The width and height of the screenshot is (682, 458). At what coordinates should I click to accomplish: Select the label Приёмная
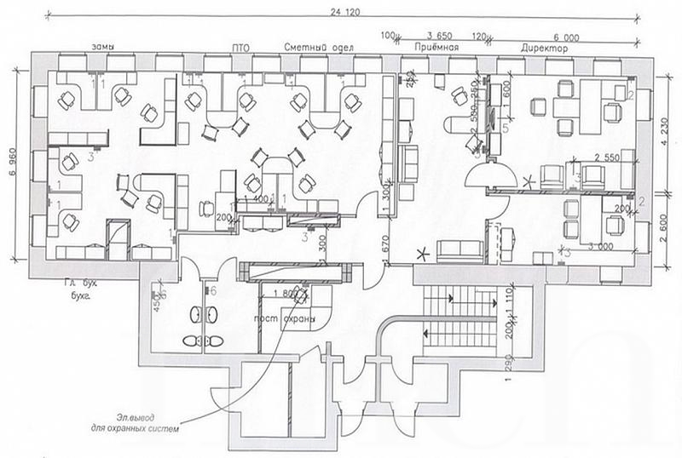436,49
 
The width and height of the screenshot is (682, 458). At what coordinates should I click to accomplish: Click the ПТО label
240,49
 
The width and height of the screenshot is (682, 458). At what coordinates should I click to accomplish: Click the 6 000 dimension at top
566,37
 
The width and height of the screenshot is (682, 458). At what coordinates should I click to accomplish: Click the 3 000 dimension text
602,247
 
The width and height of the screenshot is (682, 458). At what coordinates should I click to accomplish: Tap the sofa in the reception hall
458,249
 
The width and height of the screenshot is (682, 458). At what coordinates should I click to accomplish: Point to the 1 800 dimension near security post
276,294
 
